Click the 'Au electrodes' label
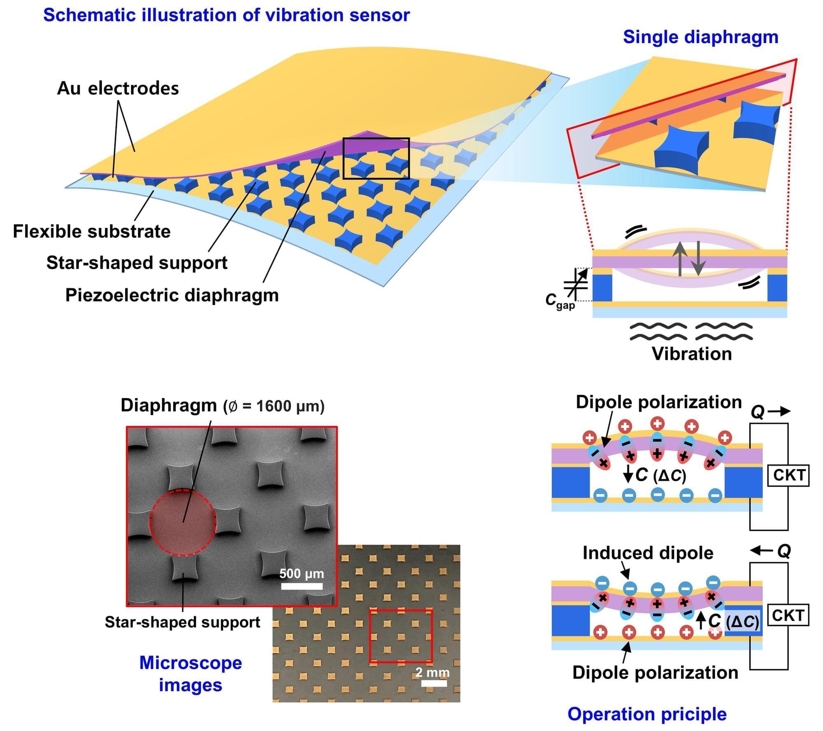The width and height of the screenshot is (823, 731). coord(118,88)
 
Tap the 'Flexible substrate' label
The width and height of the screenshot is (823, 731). coord(91,231)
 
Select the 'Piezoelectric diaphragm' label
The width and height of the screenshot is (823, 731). coord(172,295)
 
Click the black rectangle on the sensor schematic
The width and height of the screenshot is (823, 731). coord(376,158)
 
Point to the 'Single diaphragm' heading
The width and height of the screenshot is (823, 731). coord(700,37)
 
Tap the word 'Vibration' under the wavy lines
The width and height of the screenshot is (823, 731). coord(692,354)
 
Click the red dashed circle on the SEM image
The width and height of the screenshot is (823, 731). coord(183,522)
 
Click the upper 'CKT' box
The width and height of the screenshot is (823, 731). coord(788,475)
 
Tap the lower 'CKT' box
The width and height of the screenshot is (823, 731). coord(788,615)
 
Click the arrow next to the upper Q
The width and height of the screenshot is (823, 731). coord(779,411)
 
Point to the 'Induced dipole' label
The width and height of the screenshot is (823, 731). coord(648,553)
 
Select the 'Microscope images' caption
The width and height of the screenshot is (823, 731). coord(191,674)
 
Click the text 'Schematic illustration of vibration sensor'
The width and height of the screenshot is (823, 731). coord(226,15)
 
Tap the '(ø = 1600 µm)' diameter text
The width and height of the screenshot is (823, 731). coord(274,406)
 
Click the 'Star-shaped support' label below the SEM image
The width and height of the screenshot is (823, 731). coord(182,622)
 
